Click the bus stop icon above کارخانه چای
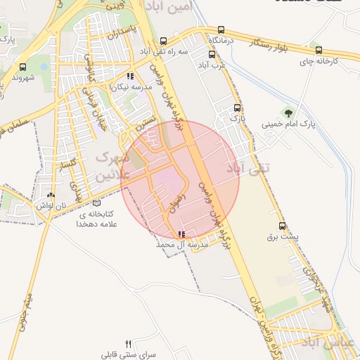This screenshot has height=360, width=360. click(x=319, y=51)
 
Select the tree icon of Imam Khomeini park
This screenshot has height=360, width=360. click(x=288, y=111)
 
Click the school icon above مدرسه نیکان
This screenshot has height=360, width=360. click(x=129, y=76)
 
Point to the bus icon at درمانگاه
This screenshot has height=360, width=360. click(x=221, y=30)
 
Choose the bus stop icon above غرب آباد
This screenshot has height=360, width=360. click(x=211, y=53)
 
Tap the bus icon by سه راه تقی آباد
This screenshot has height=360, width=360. click(x=164, y=41)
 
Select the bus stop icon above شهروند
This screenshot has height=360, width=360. click(x=23, y=67)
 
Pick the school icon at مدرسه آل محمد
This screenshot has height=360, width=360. click(x=182, y=234)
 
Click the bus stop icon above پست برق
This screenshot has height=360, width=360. click(x=283, y=226)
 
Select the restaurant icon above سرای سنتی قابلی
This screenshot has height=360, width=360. click(x=127, y=344)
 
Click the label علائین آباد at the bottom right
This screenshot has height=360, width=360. click(x=330, y=342)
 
